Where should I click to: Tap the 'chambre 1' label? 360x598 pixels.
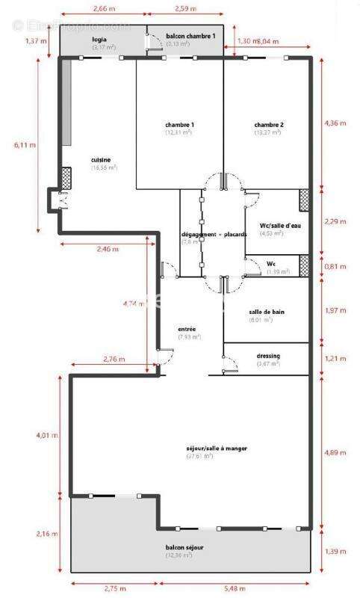point(179,124)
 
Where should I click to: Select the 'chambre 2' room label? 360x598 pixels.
point(268,124)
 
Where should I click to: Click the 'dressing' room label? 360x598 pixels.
point(267,356)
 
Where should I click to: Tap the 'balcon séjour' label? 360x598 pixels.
point(184,548)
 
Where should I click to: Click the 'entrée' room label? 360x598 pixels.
point(187,329)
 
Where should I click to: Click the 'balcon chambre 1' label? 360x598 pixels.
point(190,36)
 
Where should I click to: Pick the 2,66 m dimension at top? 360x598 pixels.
point(104,8)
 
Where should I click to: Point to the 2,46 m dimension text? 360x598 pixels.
point(108,249)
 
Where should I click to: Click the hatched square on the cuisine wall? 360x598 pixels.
point(66,177)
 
